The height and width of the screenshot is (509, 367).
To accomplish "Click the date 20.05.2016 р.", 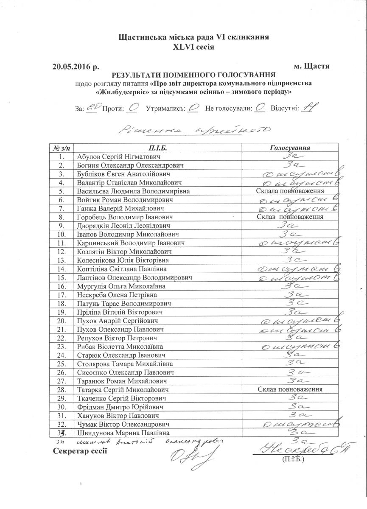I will coord(76,67).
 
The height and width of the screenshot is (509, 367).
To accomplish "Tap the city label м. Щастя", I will coord(312,67).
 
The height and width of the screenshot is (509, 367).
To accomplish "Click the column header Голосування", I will coord(290,148).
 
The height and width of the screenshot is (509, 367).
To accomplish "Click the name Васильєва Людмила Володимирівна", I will coord(134,191).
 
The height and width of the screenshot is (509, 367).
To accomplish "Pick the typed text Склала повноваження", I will coord(290,191).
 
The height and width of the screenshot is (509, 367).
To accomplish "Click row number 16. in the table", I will coord(62,286).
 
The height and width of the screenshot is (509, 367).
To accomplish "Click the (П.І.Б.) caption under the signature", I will coord(293,459).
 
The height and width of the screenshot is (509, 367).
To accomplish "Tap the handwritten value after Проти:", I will coord(132,108).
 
